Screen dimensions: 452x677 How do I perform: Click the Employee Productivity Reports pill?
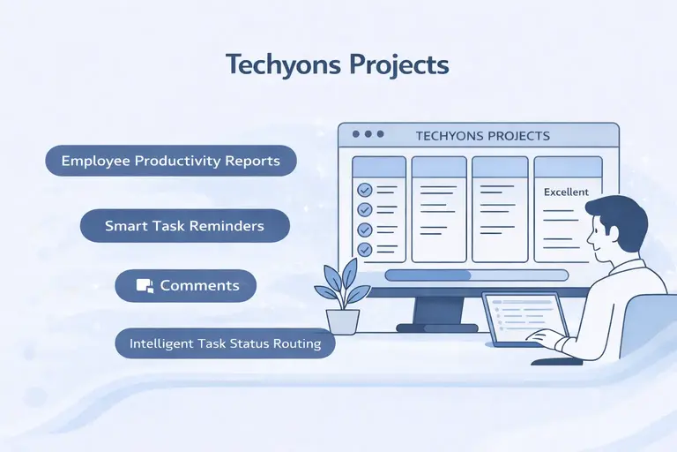170,161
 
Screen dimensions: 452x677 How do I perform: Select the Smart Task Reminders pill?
184,225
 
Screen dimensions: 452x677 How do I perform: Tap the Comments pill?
186,286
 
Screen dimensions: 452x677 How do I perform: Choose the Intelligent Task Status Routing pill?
225,343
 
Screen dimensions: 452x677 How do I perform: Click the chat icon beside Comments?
145,286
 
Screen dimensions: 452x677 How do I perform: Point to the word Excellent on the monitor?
566,192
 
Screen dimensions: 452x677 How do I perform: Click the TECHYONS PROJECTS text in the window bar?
482,136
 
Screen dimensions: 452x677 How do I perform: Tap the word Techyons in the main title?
282,64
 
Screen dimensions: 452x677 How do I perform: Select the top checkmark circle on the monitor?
364,190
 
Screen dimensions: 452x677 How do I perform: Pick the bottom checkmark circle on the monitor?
364,249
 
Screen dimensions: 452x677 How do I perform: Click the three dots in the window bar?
368,135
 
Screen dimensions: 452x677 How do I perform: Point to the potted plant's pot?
342,320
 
